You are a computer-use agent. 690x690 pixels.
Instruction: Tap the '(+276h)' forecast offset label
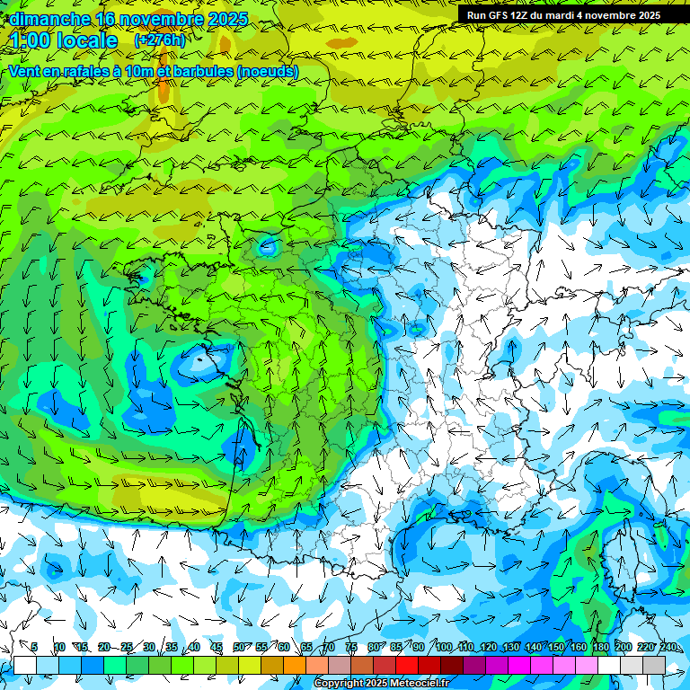(x=159, y=40)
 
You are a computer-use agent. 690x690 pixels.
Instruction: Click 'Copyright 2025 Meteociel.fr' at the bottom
(x=381, y=684)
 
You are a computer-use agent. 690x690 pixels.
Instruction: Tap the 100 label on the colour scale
(x=444, y=648)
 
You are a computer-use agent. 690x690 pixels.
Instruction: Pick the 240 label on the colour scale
(x=668, y=648)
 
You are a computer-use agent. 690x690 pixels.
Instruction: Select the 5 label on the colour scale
(x=34, y=648)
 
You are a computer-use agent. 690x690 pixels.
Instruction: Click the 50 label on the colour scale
(x=239, y=648)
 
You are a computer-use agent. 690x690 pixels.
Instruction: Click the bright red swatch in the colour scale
(x=407, y=665)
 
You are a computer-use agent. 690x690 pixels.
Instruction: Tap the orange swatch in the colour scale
(x=295, y=665)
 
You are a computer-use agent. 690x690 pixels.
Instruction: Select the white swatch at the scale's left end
(x=25, y=665)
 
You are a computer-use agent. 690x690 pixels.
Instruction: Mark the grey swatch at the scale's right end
(x=654, y=665)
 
